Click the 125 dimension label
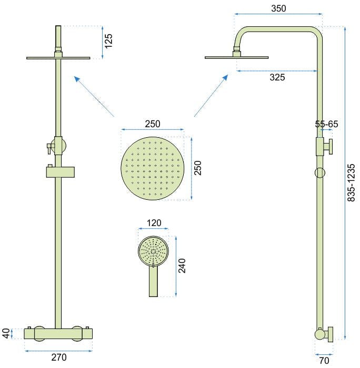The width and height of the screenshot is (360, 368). click(x=108, y=40)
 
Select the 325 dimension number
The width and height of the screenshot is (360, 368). click(x=277, y=77)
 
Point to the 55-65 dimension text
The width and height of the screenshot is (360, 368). click(x=326, y=124)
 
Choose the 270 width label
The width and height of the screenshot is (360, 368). click(x=58, y=358)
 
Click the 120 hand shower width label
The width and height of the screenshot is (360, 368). click(x=154, y=223)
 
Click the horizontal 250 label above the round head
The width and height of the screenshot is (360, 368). click(x=153, y=124)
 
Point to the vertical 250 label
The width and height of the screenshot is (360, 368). click(x=198, y=168)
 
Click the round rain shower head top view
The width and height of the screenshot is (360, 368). click(x=153, y=168)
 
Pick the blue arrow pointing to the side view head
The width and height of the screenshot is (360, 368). click(x=211, y=95)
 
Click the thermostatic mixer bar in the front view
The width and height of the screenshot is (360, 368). click(x=58, y=333)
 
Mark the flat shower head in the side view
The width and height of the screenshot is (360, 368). click(x=237, y=57)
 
